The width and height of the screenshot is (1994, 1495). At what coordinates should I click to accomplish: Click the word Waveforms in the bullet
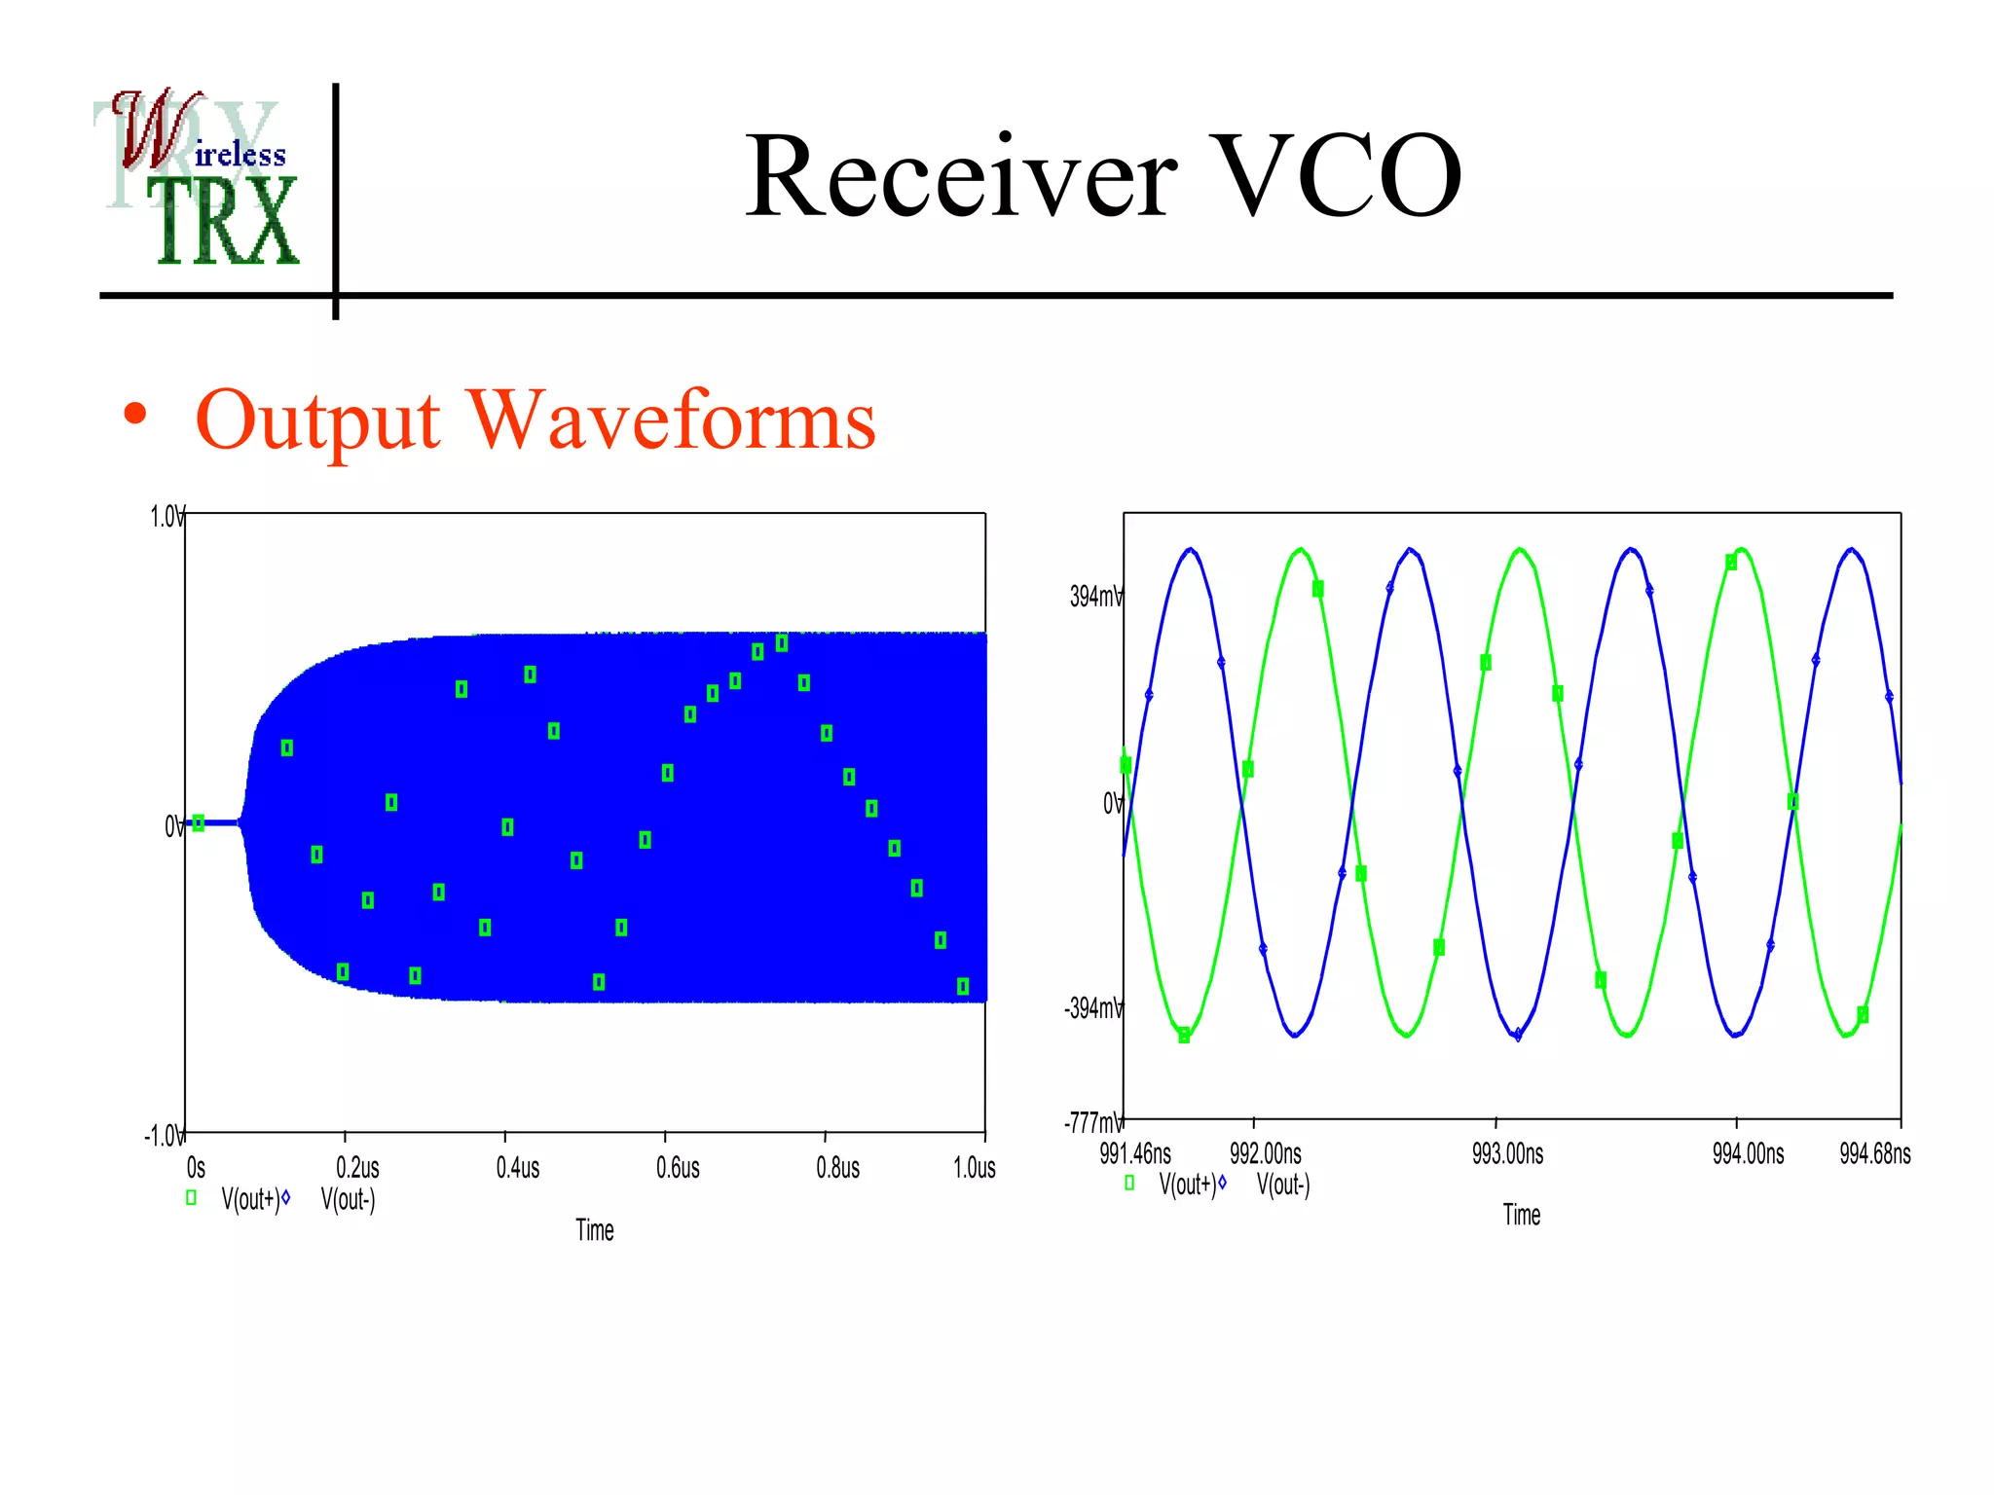[x=672, y=420]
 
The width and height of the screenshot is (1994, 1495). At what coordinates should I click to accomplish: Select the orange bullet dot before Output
[x=135, y=415]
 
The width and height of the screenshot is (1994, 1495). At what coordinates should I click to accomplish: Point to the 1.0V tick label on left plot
[x=166, y=517]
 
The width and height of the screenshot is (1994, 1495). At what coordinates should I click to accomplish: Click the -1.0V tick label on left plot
[x=164, y=1136]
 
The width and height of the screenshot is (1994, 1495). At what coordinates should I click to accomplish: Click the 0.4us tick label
[x=517, y=1168]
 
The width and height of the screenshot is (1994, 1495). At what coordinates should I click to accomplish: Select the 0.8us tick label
[x=837, y=1168]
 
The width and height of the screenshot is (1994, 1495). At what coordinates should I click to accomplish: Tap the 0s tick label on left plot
[x=196, y=1168]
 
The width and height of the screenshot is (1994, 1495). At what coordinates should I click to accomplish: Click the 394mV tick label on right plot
[x=1095, y=597]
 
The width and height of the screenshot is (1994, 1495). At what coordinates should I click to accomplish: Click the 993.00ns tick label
[x=1507, y=1154]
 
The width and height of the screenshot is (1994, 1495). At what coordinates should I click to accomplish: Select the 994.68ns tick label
[x=1874, y=1154]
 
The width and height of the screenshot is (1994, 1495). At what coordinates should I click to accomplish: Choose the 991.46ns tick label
[x=1135, y=1154]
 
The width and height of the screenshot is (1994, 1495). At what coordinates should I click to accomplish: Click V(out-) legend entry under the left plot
[x=347, y=1199]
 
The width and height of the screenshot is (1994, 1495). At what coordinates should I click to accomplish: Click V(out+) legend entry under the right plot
[x=1186, y=1185]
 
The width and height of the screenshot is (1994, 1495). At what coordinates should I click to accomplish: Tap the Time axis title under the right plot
[x=1521, y=1215]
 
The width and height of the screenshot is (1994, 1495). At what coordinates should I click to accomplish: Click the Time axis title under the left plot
[x=594, y=1230]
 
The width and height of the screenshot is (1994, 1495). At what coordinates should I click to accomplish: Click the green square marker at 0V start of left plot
[x=199, y=823]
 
